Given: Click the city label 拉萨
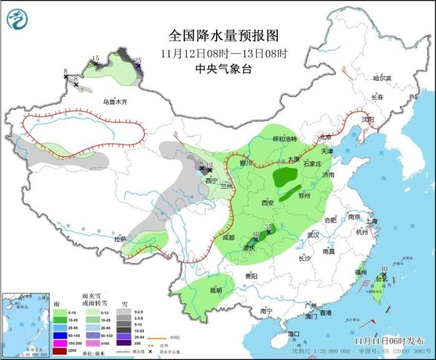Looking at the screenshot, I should click(120, 239).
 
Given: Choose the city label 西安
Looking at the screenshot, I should click(268, 203).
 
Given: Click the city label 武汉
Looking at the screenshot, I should click(313, 235).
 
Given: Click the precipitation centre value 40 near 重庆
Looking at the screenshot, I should click(255, 235).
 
